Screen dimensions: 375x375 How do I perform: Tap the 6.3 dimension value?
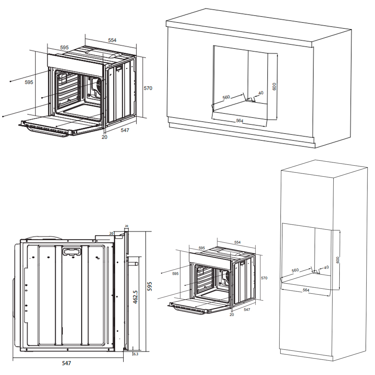pyautogui.click(x=136, y=354)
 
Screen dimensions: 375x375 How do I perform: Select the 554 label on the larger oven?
pyautogui.click(x=112, y=40)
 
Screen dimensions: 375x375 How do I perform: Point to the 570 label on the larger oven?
pyautogui.click(x=148, y=88)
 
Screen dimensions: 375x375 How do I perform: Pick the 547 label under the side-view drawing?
pyautogui.click(x=66, y=363)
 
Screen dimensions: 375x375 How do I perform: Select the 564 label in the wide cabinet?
pyautogui.click(x=240, y=121)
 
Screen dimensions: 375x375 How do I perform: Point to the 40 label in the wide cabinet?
pyautogui.click(x=261, y=93)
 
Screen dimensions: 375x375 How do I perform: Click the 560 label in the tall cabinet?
pyautogui.click(x=295, y=270)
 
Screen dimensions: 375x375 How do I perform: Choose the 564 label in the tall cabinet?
pyautogui.click(x=306, y=290)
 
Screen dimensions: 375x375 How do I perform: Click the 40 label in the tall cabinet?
pyautogui.click(x=326, y=267)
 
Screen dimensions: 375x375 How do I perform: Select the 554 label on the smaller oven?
pyautogui.click(x=237, y=242)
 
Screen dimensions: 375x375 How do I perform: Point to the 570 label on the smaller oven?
pyautogui.click(x=264, y=278)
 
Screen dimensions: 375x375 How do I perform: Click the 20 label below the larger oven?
pyautogui.click(x=105, y=137)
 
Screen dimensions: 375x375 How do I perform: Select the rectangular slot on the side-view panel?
pyautogui.click(x=72, y=252)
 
